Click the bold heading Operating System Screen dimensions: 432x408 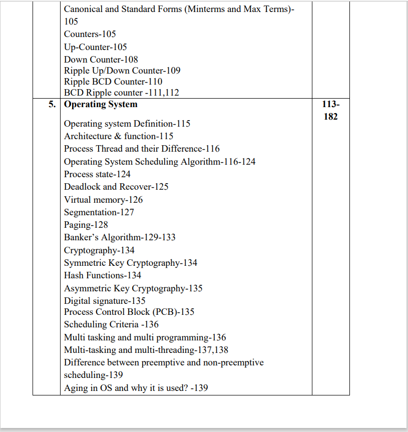click(101, 105)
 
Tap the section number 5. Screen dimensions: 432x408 click(52, 105)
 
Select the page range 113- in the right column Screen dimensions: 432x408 click(330, 105)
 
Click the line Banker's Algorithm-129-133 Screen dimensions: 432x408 click(120, 237)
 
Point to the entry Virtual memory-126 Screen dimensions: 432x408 click(103, 199)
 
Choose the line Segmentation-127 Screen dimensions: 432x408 click(99, 212)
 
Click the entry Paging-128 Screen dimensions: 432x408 click(86, 225)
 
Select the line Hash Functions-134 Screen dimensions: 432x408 click(103, 275)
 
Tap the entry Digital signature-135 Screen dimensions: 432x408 click(105, 301)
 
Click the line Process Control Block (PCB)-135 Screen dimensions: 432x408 click(129, 312)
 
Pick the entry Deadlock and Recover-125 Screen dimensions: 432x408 click(116, 187)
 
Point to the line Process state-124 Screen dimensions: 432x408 click(97, 174)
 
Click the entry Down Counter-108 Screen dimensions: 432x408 click(101, 60)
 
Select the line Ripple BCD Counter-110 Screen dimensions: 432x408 click(113, 82)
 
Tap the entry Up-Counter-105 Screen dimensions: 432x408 click(95, 47)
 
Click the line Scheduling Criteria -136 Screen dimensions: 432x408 click(111, 324)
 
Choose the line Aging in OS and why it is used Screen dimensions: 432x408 click(136, 388)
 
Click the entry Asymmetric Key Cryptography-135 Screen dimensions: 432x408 click(133, 288)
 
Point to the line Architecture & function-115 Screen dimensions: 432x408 click(119, 136)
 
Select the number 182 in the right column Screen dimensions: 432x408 click(330, 117)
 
